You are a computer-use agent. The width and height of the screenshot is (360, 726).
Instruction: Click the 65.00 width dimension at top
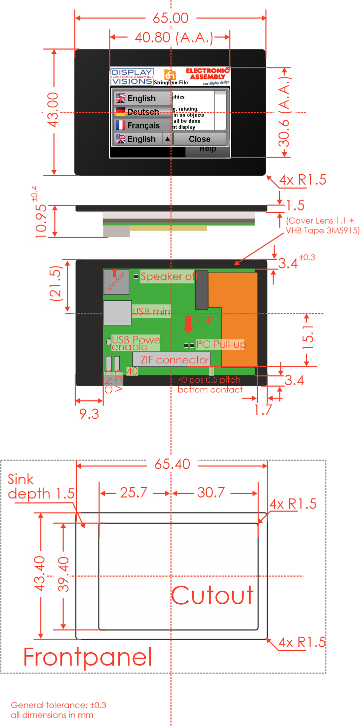170,18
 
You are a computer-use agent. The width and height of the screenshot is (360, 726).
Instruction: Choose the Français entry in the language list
143,125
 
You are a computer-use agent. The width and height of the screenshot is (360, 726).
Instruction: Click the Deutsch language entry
143,112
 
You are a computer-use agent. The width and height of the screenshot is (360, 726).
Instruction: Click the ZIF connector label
174,360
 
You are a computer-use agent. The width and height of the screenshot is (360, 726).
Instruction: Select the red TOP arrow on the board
188,323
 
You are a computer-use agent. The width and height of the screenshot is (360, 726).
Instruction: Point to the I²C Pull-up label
221,344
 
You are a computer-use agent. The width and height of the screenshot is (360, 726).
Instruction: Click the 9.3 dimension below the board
89,414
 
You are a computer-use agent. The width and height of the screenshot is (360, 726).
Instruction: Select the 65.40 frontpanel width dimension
172,464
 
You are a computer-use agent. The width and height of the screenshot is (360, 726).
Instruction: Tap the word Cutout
213,595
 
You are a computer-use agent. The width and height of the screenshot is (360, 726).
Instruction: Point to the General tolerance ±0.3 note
58,705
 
